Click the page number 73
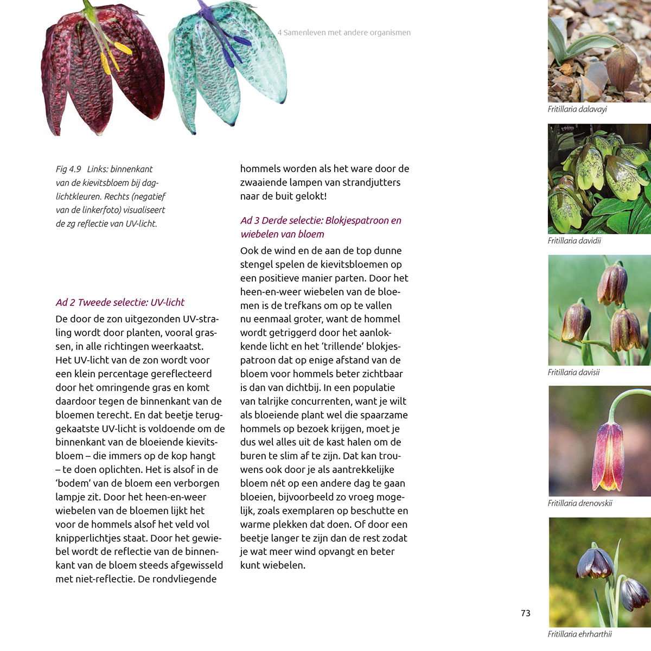tap(525, 613)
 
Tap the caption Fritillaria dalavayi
tap(577, 109)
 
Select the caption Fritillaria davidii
tap(574, 240)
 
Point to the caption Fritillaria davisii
tap(573, 372)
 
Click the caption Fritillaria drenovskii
tap(579, 503)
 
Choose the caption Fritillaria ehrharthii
tap(579, 634)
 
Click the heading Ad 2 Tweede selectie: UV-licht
tap(120, 302)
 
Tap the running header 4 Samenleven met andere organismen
tap(344, 33)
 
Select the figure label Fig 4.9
tap(68, 169)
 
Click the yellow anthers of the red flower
tap(114, 57)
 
